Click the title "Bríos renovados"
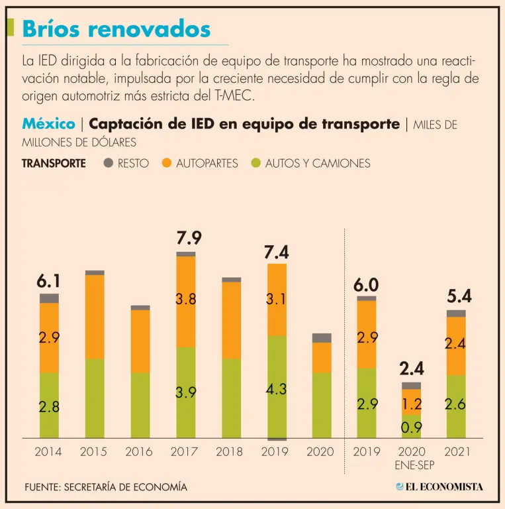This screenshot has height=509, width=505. click(116, 28)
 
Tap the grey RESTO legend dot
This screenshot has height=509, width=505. click(109, 162)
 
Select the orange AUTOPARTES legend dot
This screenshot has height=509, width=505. click(167, 162)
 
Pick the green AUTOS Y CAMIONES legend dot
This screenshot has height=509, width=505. click(256, 162)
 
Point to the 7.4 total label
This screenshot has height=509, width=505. click(276, 252)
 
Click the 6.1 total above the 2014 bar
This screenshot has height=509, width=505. click(48, 282)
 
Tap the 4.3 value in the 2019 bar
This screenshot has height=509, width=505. click(276, 390)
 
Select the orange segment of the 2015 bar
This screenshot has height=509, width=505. click(95, 316)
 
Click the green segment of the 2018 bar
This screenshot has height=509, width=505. click(231, 398)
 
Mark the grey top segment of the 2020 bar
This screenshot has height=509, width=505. click(322, 338)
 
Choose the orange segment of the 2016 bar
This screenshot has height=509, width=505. click(140, 341)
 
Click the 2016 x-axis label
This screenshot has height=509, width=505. click(140, 452)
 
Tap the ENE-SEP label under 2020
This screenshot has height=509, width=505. click(412, 465)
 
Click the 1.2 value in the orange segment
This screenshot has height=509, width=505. click(411, 402)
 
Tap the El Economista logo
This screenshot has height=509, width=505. click(439, 486)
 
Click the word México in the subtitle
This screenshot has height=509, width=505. click(48, 124)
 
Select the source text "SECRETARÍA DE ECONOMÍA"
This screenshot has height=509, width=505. click(125, 487)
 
